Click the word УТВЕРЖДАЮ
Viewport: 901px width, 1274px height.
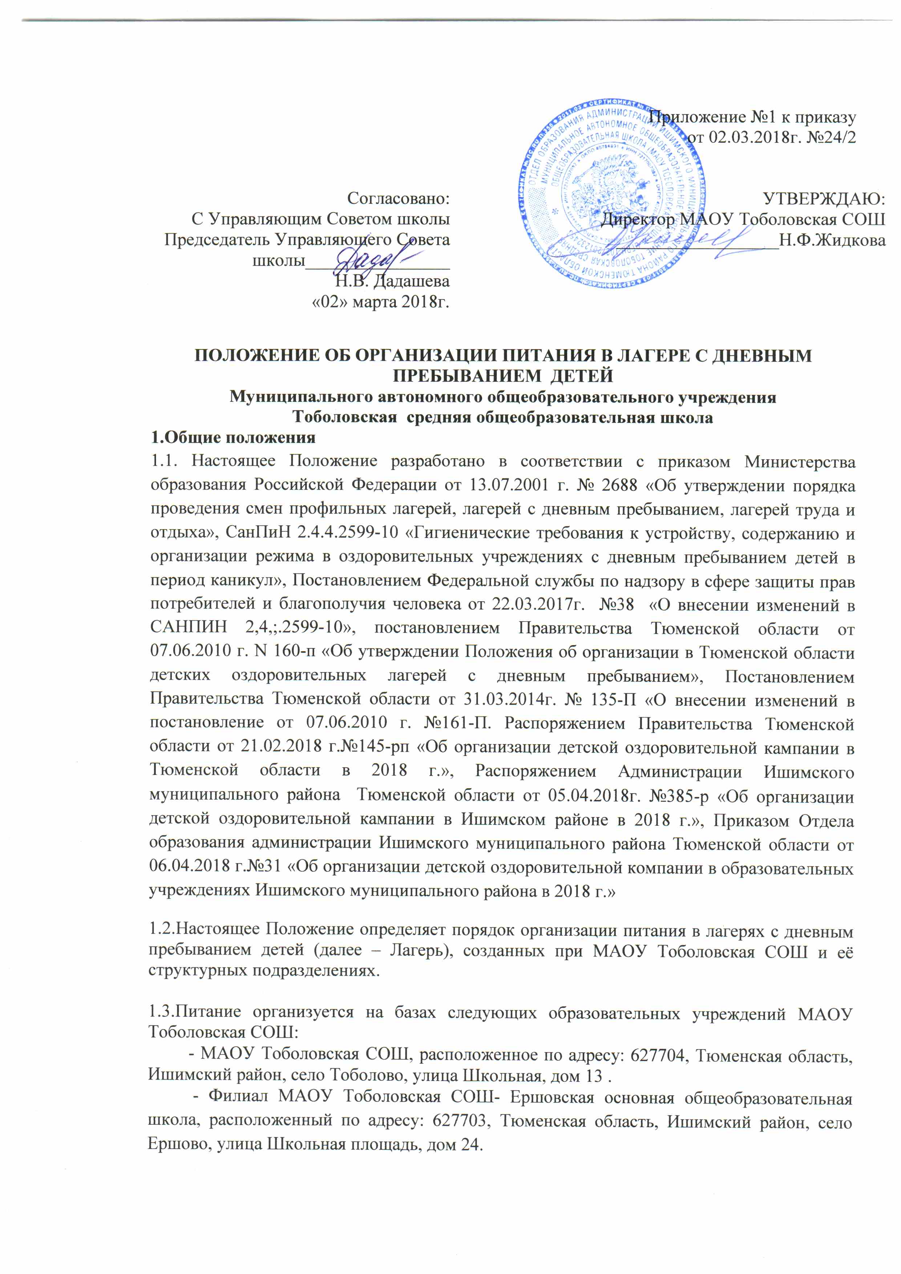[x=824, y=199]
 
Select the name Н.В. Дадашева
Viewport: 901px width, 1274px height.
[x=392, y=281]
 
